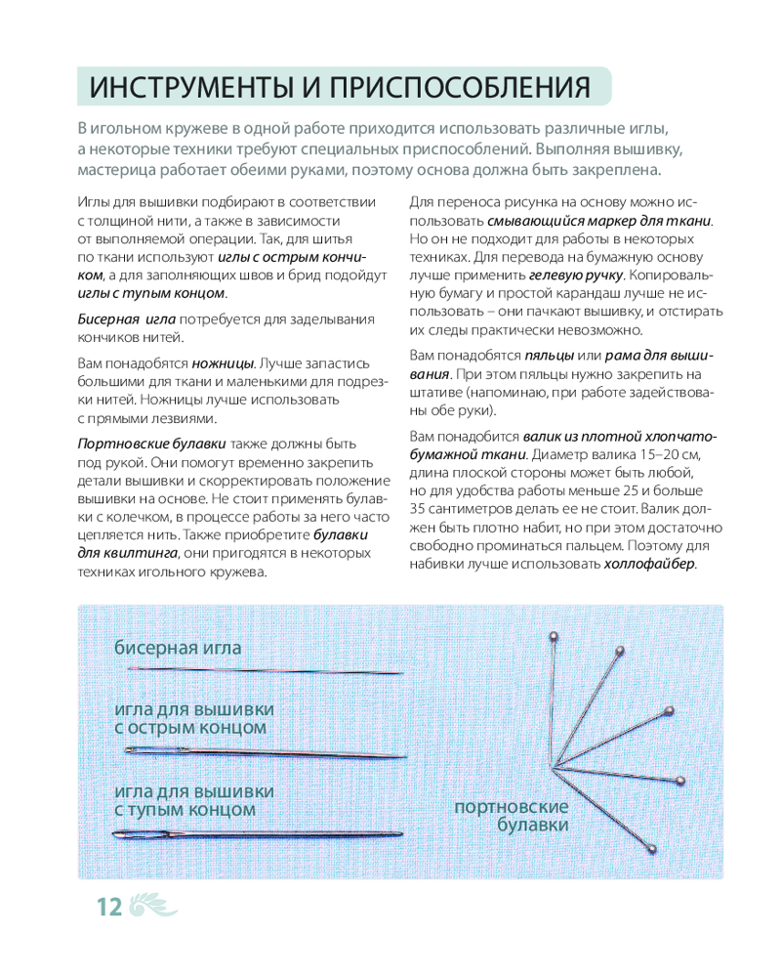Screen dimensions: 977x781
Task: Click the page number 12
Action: tap(108, 907)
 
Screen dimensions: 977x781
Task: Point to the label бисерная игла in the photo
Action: tap(178, 648)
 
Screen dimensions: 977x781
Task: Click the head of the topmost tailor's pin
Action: tap(555, 637)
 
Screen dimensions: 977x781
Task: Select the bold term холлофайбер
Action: tap(650, 565)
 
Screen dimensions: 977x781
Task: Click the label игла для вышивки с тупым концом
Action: tap(193, 800)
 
